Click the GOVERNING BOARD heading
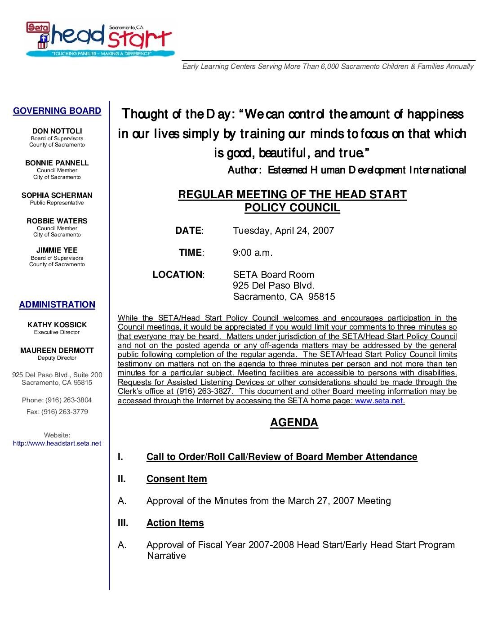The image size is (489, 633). point(57,111)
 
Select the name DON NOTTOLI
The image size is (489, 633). point(57,131)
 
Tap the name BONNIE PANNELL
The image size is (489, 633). point(57,163)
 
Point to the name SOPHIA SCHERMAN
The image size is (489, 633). point(57,196)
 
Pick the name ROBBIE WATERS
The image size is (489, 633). point(57,221)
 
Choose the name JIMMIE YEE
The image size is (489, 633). point(57,250)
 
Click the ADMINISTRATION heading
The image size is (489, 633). point(57,305)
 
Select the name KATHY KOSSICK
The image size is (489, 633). point(57,325)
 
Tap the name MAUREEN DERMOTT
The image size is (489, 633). point(57,351)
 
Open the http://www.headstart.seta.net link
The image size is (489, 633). point(57,444)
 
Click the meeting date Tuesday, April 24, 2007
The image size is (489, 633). point(283,231)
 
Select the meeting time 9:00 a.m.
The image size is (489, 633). point(253,253)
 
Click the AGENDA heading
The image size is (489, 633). point(294,423)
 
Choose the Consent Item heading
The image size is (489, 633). point(177,479)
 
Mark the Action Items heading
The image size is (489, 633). point(175,523)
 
